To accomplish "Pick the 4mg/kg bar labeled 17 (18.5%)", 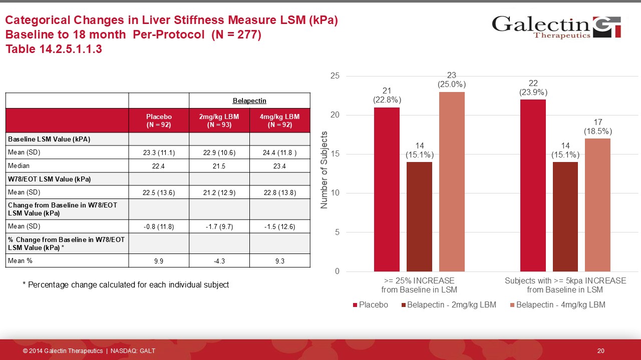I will click(x=597, y=204).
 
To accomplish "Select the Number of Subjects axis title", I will click(x=324, y=170).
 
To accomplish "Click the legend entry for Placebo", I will click(x=370, y=304).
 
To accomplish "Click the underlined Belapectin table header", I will click(x=249, y=101).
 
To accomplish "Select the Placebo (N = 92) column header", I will click(x=159, y=120).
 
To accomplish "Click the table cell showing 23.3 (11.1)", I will click(x=159, y=152).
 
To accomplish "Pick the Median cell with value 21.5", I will click(x=219, y=166).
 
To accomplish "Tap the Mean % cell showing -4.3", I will click(x=219, y=260).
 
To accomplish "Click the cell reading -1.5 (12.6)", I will click(x=280, y=226).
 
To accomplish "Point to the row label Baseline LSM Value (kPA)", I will click(x=49, y=139).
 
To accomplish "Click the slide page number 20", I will click(x=601, y=351).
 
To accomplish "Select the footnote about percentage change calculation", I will click(x=126, y=284).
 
